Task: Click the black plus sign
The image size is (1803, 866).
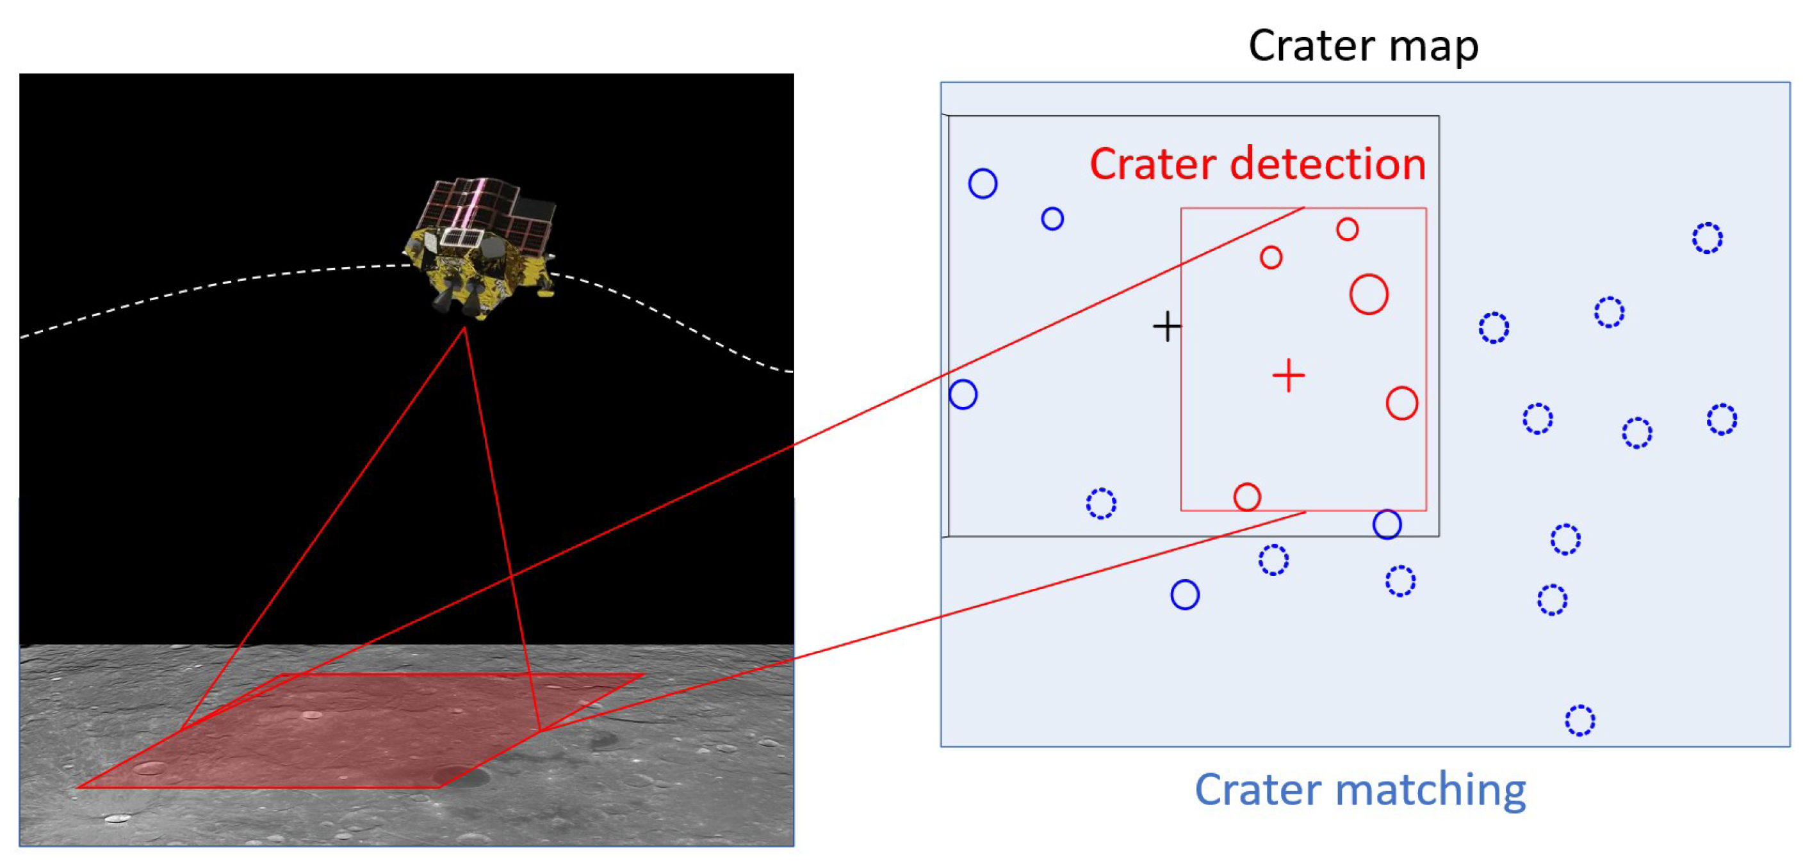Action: (1167, 326)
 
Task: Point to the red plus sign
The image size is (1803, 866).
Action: (1288, 376)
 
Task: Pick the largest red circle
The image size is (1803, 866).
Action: (1368, 294)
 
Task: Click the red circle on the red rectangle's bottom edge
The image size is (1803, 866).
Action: (1246, 497)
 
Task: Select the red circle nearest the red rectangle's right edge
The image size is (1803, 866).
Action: (1401, 403)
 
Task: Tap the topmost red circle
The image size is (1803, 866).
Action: (1347, 229)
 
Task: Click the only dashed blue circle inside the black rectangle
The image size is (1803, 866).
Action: (1100, 504)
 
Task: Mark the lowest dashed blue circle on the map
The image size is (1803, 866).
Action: (1579, 721)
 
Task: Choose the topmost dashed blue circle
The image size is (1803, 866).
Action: (1707, 239)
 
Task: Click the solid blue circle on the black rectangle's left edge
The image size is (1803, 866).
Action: (963, 394)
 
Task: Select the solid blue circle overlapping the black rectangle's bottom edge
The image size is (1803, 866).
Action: (1387, 525)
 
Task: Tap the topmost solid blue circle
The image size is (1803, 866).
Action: (983, 184)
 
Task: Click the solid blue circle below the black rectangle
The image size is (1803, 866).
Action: (1184, 595)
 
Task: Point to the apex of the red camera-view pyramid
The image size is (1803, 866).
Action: (464, 328)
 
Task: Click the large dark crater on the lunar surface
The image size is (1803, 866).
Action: (459, 776)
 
